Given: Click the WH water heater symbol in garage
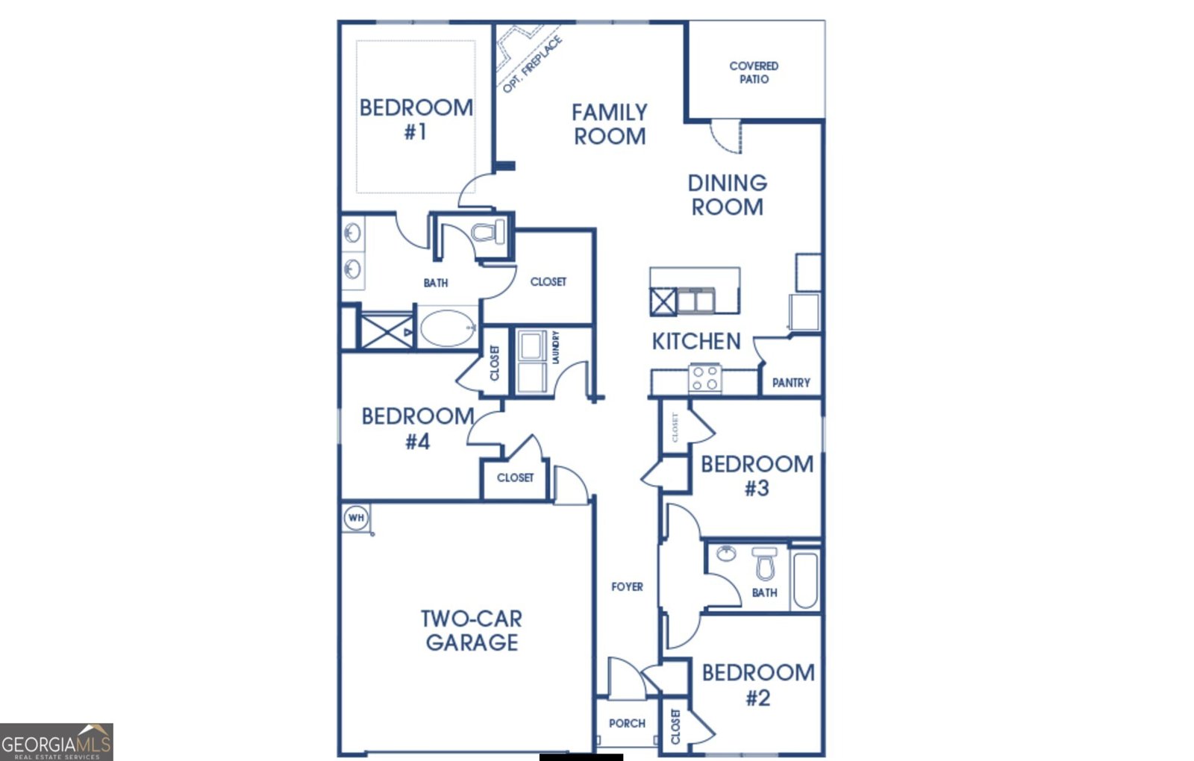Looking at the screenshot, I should click(x=356, y=517).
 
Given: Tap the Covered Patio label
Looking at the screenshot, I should click(x=754, y=72).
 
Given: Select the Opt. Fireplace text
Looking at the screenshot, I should click(x=531, y=66).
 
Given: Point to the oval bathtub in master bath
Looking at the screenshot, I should click(x=448, y=328).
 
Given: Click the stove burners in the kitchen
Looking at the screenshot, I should click(x=704, y=378).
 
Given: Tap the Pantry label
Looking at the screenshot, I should click(x=791, y=383).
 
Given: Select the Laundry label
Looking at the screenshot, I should click(x=555, y=347).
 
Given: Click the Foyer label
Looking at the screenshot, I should click(x=627, y=587).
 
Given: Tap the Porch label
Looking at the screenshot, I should click(x=627, y=723).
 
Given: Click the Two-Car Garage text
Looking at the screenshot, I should click(x=472, y=630).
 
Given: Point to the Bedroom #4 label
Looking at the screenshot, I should click(x=418, y=428).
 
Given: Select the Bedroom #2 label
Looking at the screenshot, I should click(x=758, y=685).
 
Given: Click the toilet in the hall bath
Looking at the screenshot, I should click(x=764, y=564).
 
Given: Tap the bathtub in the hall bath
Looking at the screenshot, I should click(x=805, y=580).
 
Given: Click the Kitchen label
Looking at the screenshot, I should click(x=696, y=342).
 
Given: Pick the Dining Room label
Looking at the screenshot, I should click(x=728, y=195).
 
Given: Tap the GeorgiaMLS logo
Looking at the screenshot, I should click(x=57, y=742).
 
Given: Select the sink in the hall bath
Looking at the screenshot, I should click(x=725, y=554).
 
